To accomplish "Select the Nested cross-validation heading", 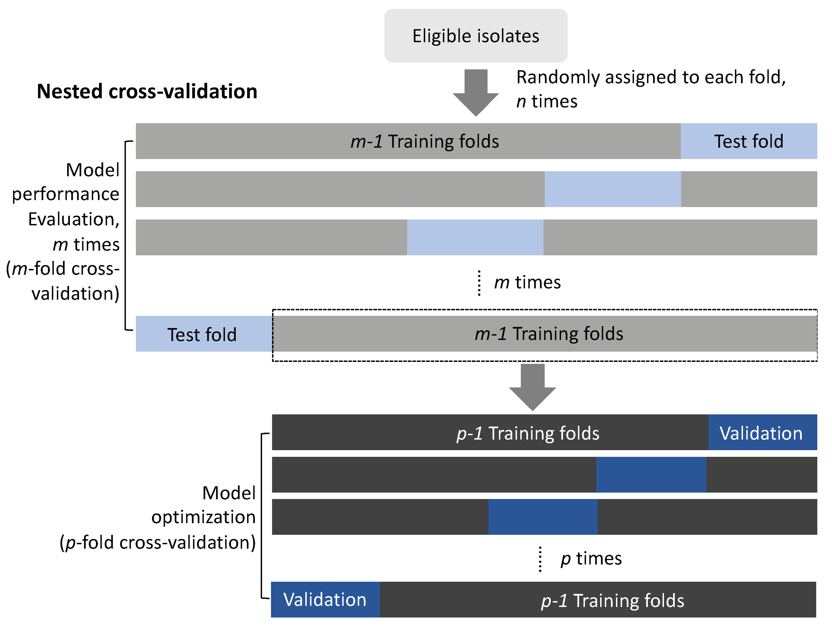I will tap(147, 92).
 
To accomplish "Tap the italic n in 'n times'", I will tap(521, 102).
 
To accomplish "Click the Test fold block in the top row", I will tap(749, 141).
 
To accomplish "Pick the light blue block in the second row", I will tap(612, 189).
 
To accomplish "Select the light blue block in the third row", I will tap(475, 237).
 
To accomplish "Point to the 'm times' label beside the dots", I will tap(527, 282).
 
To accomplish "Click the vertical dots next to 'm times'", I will tap(479, 283).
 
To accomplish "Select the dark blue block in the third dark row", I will tap(543, 517).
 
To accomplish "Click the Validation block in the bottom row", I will tap(325, 599).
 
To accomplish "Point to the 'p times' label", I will tap(591, 558).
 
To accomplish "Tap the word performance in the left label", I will tap(65, 194).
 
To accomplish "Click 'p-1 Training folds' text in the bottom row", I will tap(612, 601).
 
